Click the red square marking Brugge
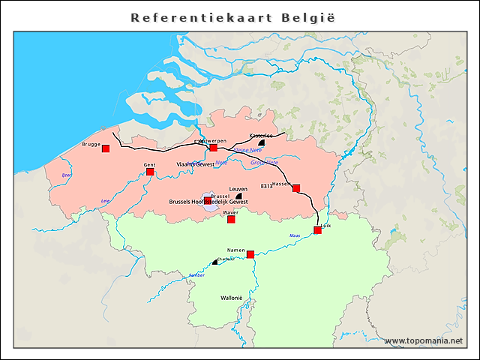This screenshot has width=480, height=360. click(106, 148)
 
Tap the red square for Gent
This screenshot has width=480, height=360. click(150, 172)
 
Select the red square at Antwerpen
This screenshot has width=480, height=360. click(213, 148)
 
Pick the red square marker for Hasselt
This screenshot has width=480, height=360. click(296, 188)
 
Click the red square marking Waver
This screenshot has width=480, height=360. click(231, 219)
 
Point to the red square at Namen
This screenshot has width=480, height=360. click(250, 254)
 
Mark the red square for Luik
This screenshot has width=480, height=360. click(317, 230)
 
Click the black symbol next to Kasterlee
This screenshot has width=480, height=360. click(261, 142)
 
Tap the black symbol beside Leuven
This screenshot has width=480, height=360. click(238, 196)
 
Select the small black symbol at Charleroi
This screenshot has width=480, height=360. click(214, 262)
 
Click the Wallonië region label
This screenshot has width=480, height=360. click(232, 298)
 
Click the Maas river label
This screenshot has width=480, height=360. click(295, 235)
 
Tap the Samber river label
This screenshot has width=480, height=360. click(197, 275)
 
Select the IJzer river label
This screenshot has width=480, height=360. click(67, 175)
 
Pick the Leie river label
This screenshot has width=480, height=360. click(105, 201)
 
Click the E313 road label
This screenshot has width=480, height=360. click(267, 185)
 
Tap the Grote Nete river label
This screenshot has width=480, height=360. click(264, 161)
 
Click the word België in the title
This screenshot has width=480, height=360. click(315, 16)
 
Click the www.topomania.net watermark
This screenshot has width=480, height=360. click(424, 341)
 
